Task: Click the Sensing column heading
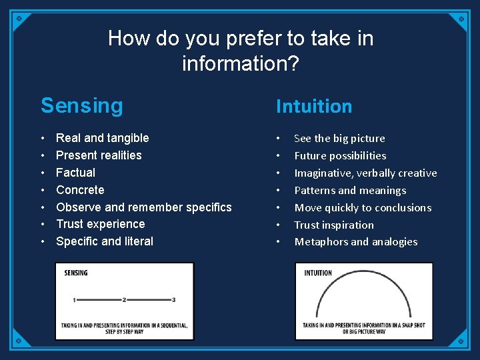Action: tap(82, 106)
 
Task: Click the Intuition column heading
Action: tap(313, 107)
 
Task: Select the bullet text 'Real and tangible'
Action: tap(102, 138)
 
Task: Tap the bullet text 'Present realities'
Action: tap(99, 155)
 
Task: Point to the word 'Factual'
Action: tap(75, 173)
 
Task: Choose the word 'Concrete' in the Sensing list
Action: tap(80, 190)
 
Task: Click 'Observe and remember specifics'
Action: tap(143, 207)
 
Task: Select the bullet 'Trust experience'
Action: tap(100, 224)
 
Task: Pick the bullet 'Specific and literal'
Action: tap(104, 241)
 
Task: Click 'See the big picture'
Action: tap(339, 139)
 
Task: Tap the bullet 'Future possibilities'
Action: tap(340, 156)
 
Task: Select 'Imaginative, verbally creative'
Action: tap(365, 173)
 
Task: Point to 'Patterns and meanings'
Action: tap(350, 191)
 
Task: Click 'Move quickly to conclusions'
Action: tap(363, 208)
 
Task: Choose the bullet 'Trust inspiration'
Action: tap(334, 225)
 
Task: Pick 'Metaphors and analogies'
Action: tap(356, 242)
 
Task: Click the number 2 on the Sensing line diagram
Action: tap(124, 300)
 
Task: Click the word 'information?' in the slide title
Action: tap(240, 64)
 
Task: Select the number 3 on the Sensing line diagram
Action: tap(173, 300)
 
